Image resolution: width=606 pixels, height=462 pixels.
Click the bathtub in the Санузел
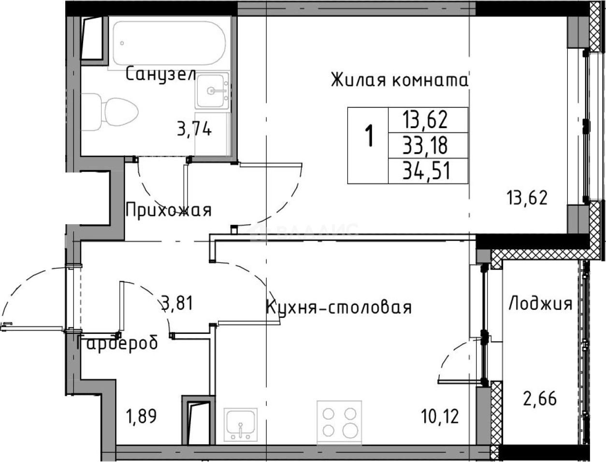coord(169,43)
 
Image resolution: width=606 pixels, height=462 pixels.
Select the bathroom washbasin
coord(212,91)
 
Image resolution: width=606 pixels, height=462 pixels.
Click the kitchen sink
coord(241,423)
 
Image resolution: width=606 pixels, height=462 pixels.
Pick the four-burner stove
coord(339,420)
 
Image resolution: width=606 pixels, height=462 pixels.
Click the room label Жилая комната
coord(400,80)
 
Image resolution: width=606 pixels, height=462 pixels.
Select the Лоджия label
coord(540,304)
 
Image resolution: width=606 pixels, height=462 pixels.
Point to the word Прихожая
coord(168,210)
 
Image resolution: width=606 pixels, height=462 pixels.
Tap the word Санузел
coord(160,74)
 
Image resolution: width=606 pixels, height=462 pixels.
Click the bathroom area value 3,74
coord(194,130)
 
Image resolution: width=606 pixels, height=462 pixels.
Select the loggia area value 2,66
coord(540,399)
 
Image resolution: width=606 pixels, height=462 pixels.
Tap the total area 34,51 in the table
coord(427,172)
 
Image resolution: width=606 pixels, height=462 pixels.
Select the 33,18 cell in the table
coord(427,144)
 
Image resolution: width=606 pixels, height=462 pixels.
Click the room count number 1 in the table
coord(369,136)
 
